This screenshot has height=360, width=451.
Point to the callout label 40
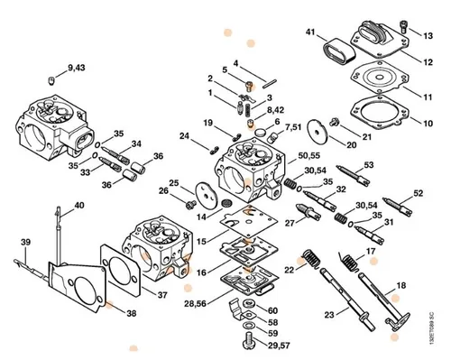click(x=78, y=206)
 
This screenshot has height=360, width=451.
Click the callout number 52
click(x=419, y=193)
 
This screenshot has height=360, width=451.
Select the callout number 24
click(x=184, y=136)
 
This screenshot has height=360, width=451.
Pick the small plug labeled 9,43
click(x=53, y=81)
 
